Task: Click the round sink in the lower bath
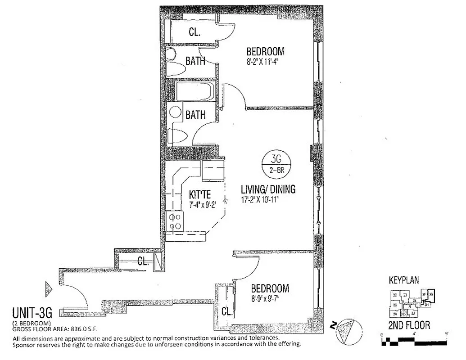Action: (175, 113)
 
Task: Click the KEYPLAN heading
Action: (404, 280)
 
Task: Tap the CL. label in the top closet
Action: (194, 32)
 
